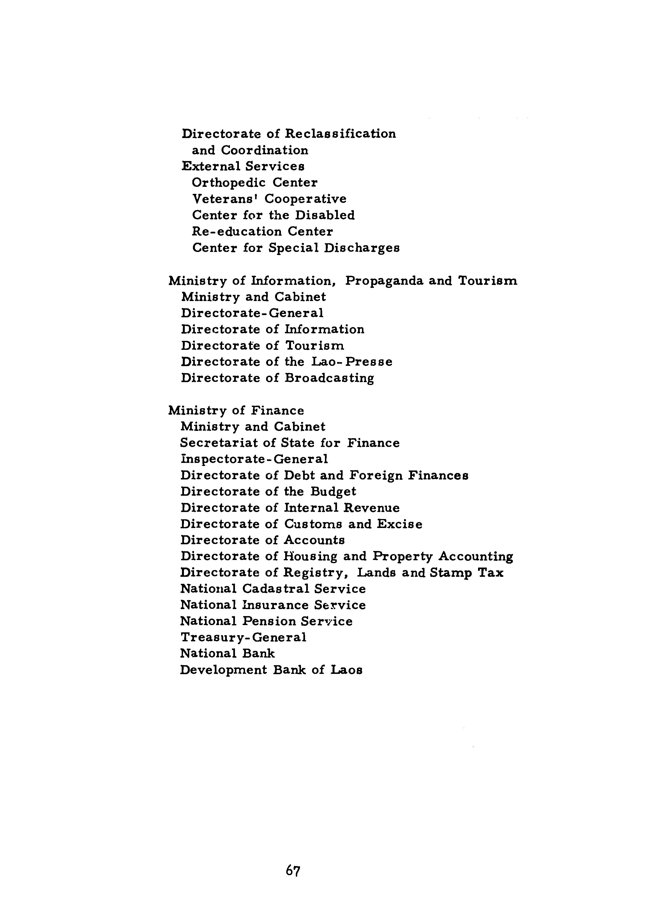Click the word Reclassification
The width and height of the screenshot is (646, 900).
[341, 134]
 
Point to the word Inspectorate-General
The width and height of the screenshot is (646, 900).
[254, 459]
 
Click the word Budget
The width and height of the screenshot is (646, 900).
[333, 492]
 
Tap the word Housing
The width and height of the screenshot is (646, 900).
[310, 557]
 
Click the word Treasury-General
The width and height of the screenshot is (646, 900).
[243, 638]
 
